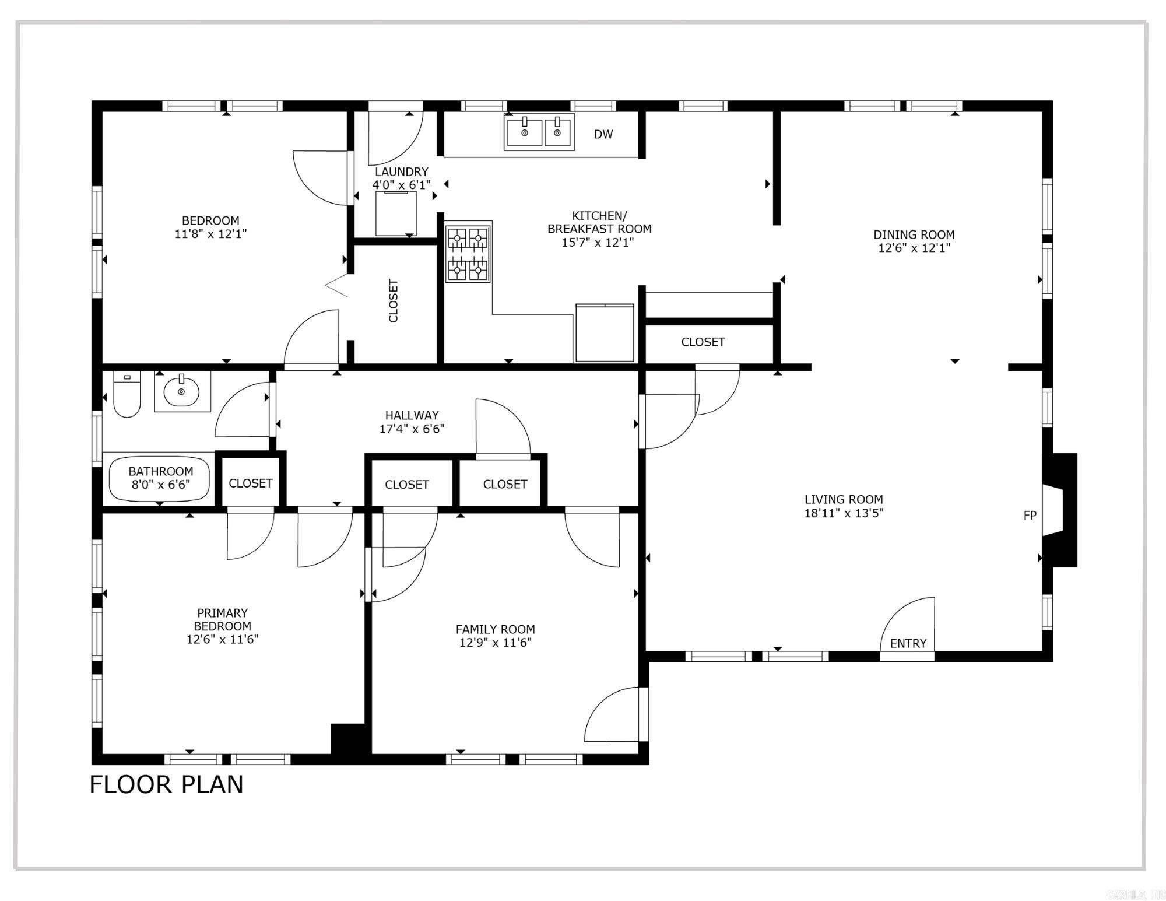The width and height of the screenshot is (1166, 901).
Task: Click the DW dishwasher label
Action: pos(603,134)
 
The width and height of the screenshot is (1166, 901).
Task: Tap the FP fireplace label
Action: pos(1030,516)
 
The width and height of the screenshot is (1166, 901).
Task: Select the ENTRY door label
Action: pos(908,643)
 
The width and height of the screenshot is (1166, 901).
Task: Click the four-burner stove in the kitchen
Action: pos(468,254)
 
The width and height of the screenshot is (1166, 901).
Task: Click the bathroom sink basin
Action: pos(181,392)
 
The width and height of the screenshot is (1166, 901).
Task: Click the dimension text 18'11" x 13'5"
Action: pos(844,513)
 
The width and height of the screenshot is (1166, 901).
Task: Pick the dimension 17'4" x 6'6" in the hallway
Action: pos(412,429)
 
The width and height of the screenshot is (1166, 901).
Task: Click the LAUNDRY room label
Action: pos(401,171)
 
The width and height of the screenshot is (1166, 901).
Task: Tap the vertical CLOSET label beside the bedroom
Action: pos(394,301)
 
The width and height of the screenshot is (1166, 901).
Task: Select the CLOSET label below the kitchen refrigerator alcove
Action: pos(703,342)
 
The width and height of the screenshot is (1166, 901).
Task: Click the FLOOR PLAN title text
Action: pos(166,784)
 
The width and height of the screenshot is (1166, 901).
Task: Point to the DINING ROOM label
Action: pos(914,234)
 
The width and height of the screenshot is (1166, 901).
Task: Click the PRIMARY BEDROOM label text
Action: pos(222,619)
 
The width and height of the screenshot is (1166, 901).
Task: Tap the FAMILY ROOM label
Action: pos(495,629)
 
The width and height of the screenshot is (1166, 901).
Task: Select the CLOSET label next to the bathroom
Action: pos(250,483)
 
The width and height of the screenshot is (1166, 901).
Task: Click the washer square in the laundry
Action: pos(396,213)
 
